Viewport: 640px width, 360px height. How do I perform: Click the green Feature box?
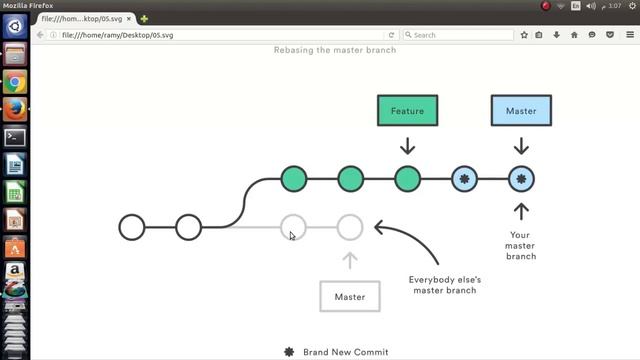407,111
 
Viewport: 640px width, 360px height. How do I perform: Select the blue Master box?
521,111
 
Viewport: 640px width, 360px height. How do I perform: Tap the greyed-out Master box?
349,297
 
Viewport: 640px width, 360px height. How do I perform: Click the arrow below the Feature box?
407,145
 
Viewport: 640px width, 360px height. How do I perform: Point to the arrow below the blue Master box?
521,145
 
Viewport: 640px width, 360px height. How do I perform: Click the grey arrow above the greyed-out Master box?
349,260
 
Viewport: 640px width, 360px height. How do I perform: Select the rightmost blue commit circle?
521,180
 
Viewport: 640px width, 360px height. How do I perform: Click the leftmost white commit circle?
132,227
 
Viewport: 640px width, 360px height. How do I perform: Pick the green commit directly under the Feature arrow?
407,180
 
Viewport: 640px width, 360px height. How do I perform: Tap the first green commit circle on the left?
293,180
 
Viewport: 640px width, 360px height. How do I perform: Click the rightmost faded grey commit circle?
349,227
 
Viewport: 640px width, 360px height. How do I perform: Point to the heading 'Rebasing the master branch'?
335,50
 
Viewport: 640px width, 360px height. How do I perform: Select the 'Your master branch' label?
521,246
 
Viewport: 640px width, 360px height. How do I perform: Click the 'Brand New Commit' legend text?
345,352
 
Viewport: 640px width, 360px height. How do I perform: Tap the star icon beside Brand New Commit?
289,352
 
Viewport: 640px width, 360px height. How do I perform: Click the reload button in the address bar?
391,35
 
